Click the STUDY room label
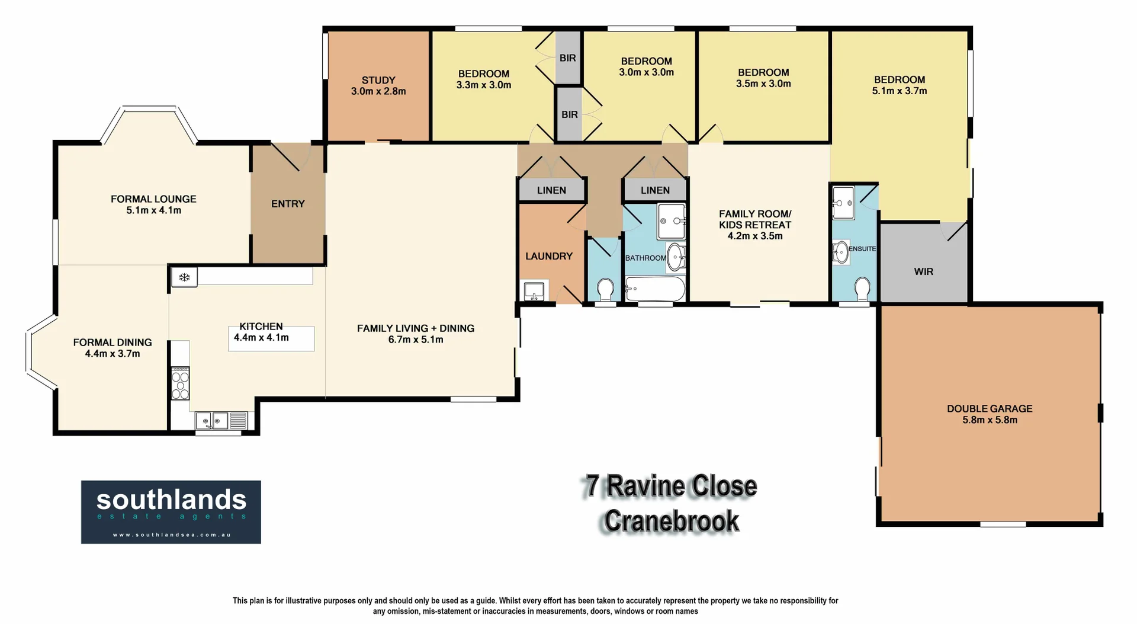pos(378,80)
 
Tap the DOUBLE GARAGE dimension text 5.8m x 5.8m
pos(990,420)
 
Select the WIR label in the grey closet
pos(923,271)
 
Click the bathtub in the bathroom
pos(655,289)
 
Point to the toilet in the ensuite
pos(862,289)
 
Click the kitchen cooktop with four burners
pos(180,383)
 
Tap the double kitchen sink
pos(213,421)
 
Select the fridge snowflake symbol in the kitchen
pos(184,277)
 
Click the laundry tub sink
pos(534,291)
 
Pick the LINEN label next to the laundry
pos(551,190)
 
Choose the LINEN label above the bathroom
pos(655,190)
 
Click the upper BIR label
pos(568,58)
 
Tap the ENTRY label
pos(288,204)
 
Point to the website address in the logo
pos(171,535)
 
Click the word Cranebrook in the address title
pos(672,521)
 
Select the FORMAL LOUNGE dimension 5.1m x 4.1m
pos(153,210)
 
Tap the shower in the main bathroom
pos(671,221)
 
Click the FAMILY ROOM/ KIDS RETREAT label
pos(754,219)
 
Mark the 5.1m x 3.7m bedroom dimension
pos(899,91)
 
